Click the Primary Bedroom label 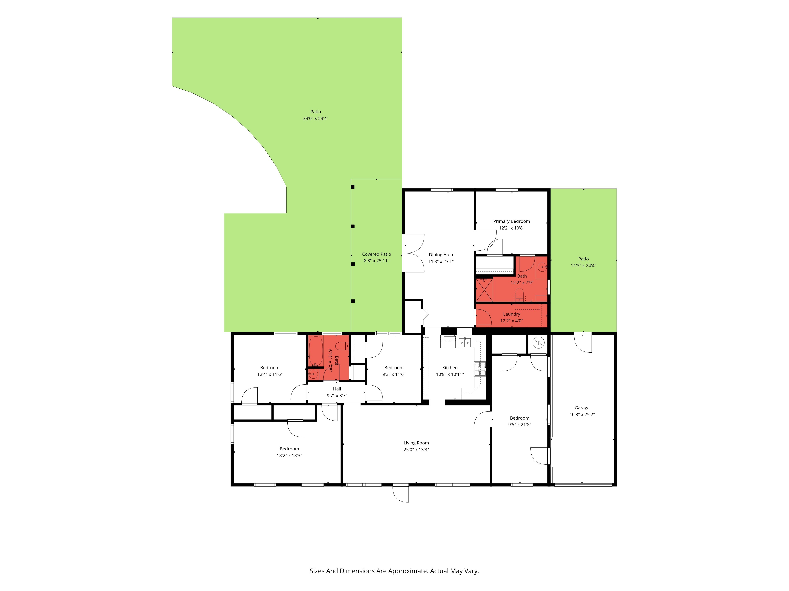click(511, 221)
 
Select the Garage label click(582, 408)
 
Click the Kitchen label click(450, 368)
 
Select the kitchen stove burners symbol click(480, 369)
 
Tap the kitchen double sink click(464, 343)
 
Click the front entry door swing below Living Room click(401, 494)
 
